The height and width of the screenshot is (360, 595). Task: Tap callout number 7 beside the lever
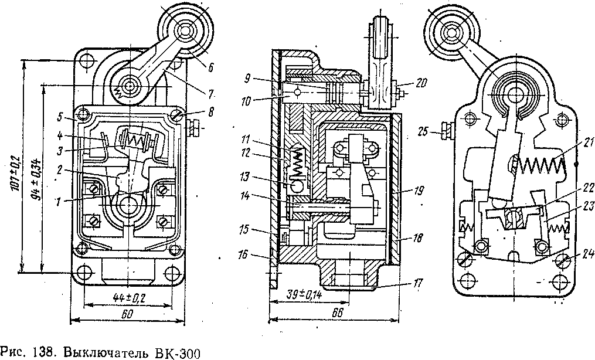pyautogui.click(x=211, y=92)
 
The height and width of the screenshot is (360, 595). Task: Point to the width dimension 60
pyautogui.click(x=127, y=314)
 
